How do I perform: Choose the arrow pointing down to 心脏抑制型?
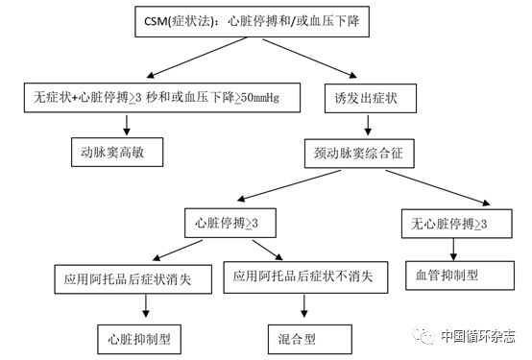[146, 308]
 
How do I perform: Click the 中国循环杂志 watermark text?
[477, 337]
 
